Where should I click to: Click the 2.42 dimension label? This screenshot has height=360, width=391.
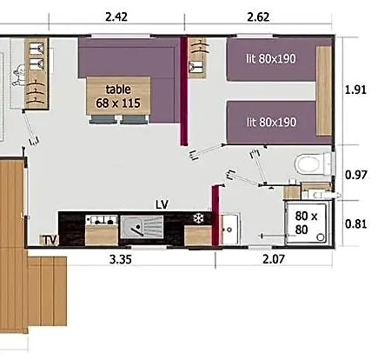point(116,17)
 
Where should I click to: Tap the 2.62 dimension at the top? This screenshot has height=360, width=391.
point(258,17)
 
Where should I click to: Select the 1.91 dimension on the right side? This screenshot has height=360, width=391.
point(355,90)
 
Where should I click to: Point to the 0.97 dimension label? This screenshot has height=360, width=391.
point(356,175)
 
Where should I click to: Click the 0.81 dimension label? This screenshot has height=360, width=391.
point(356,224)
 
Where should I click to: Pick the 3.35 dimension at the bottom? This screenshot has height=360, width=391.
point(121,259)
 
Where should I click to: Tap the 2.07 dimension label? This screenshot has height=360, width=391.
point(274,259)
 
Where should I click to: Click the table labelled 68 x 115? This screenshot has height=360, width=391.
point(118,96)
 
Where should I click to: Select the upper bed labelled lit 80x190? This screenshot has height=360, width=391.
point(271,60)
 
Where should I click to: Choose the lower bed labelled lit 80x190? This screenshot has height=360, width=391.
point(271,123)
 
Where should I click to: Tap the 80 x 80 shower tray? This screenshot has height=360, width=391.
point(307,223)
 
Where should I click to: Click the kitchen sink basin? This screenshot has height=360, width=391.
point(142,227)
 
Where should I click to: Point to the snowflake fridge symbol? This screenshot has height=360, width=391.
point(198,218)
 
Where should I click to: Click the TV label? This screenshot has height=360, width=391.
point(50,240)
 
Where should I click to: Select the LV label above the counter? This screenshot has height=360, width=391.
point(162,204)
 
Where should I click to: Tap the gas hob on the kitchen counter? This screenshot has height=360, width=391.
point(102,220)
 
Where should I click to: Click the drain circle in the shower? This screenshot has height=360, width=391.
point(321,237)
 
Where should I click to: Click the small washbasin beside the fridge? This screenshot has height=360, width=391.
point(230,230)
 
